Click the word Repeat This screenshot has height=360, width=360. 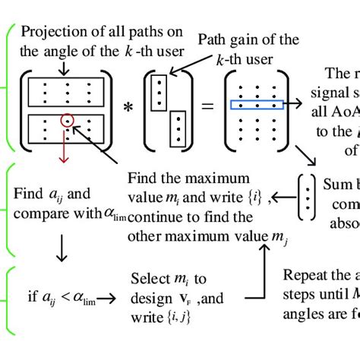click(x=304, y=274)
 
